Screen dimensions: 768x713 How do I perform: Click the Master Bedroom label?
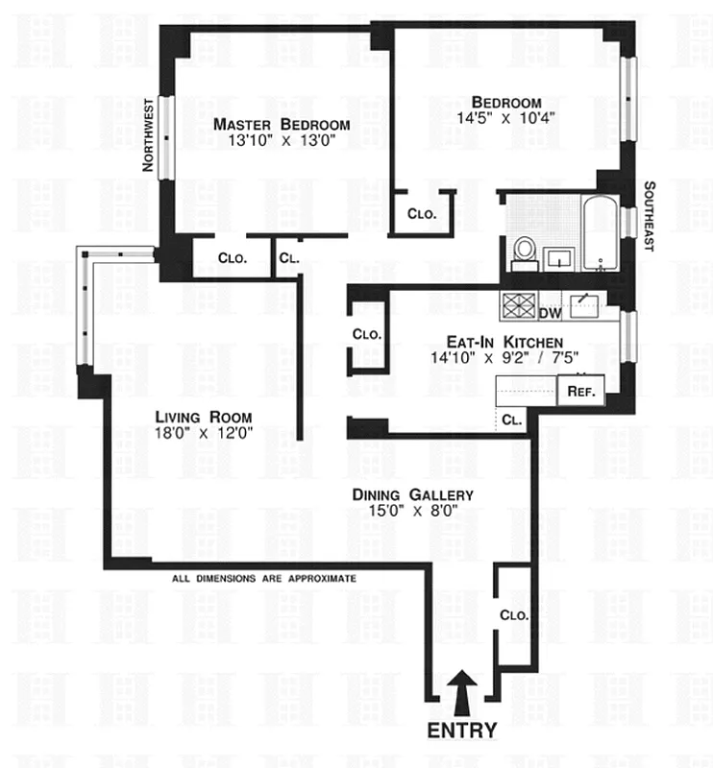282,125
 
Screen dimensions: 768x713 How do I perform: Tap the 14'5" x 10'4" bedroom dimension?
506,120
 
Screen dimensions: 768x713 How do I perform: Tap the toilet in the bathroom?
525,250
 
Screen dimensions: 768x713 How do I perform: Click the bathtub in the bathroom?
601,230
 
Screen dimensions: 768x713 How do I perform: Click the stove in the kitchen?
518,306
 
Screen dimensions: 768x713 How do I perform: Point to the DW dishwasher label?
550,313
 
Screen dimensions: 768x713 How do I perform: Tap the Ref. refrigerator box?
580,392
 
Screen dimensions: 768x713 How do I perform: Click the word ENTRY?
462,731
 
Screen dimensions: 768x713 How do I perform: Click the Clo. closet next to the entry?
514,614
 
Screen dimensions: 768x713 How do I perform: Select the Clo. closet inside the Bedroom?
421,214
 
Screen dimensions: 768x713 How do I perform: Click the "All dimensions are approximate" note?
264,579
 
